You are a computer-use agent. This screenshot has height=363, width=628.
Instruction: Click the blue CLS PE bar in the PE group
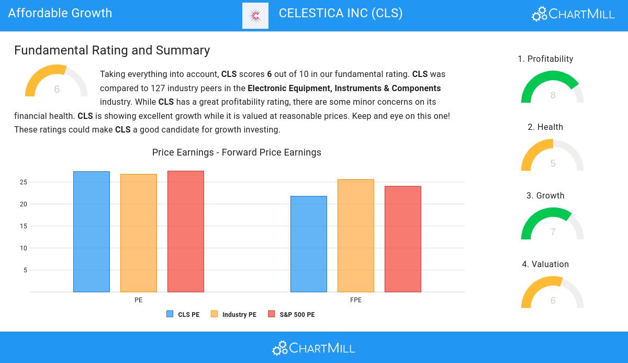(92, 232)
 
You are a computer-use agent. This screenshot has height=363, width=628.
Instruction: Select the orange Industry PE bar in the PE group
(139, 233)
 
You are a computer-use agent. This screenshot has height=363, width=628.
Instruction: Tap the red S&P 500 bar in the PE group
(186, 232)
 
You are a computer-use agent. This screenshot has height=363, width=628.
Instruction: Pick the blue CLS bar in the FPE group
(309, 244)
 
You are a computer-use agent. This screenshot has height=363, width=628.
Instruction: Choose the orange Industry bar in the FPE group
(356, 236)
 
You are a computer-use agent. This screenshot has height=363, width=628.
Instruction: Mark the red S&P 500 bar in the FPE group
(403, 239)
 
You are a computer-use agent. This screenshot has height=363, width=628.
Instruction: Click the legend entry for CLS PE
(183, 315)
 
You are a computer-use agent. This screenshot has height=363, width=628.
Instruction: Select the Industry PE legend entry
(234, 315)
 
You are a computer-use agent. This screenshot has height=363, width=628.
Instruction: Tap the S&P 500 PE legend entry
(291, 315)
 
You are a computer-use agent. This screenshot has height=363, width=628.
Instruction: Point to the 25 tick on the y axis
(24, 182)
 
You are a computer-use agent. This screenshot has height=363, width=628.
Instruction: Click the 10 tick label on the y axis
(24, 248)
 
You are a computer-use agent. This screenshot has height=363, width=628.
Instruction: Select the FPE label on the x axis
(356, 300)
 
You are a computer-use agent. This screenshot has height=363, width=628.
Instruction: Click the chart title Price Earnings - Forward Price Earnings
(237, 152)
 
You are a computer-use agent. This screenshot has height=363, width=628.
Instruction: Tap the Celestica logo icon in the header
(255, 16)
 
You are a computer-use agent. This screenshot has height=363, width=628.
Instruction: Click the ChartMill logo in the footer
(313, 348)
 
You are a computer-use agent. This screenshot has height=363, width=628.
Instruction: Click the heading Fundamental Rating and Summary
(112, 50)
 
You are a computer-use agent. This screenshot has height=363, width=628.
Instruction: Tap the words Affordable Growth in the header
(60, 13)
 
